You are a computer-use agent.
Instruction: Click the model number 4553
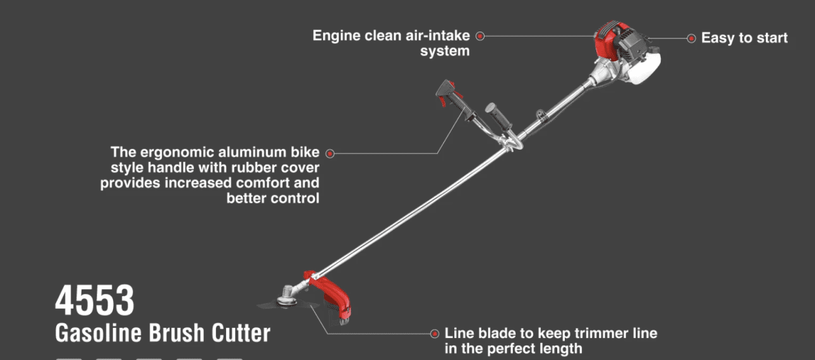[x=95, y=301]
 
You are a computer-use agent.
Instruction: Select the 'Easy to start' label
[x=744, y=38]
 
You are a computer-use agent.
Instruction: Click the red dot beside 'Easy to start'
[x=691, y=39]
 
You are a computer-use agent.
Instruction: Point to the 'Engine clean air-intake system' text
[x=392, y=43]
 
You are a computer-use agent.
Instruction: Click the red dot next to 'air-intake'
[x=480, y=36]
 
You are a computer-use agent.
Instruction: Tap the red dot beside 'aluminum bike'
[x=330, y=153]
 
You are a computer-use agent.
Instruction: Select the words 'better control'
[x=273, y=198]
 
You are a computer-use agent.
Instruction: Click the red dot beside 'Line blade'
[x=435, y=333]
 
